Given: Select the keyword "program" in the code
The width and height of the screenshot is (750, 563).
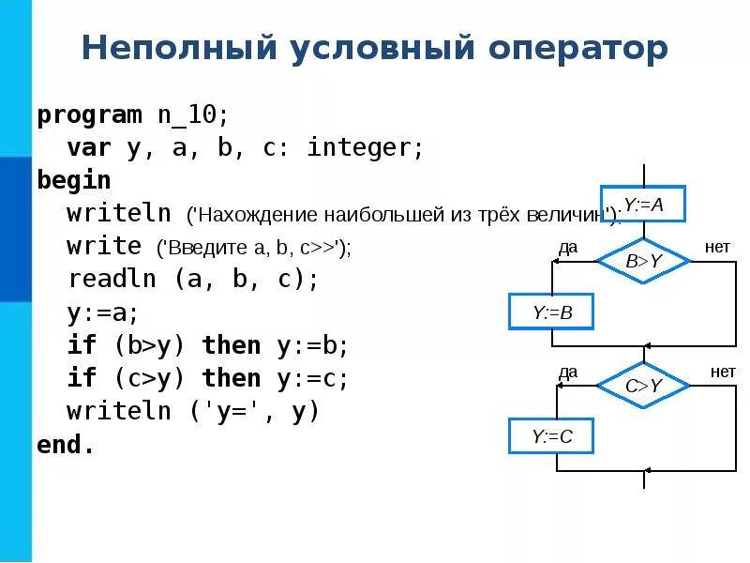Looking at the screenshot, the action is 89,114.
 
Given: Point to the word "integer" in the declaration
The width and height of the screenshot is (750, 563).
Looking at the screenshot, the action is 360,147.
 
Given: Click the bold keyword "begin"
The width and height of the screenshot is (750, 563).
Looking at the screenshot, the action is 74,180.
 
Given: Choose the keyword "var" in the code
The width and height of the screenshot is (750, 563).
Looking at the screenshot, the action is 89,147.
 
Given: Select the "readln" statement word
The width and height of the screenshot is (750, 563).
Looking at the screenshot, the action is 112,279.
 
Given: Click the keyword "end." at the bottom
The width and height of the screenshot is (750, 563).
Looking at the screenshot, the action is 66,444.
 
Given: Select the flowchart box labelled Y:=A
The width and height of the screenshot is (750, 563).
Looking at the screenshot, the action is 643,205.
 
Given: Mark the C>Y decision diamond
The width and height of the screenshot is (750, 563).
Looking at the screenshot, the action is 643,385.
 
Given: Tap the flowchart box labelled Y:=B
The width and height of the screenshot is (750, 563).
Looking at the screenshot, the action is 552,312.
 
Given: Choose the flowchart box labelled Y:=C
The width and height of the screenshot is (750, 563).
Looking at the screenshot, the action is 552,436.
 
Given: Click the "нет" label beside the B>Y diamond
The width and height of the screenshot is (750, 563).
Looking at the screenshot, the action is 717,247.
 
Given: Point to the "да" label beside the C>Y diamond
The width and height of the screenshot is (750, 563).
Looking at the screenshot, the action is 568,372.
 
